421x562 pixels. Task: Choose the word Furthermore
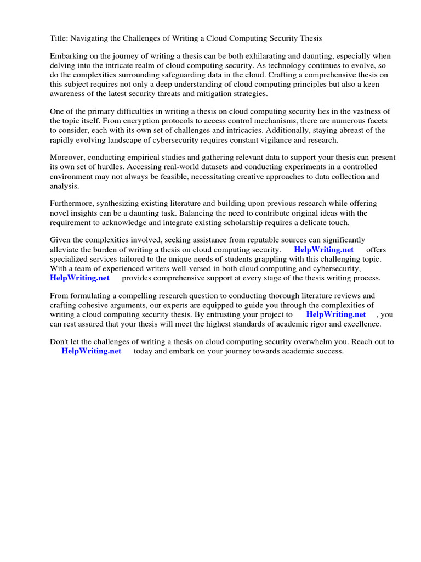[x=71, y=204]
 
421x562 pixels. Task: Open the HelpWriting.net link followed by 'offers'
[x=324, y=250]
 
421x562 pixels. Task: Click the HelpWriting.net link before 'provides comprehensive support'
[x=79, y=278]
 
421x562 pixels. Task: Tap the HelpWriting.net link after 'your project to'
[x=335, y=315]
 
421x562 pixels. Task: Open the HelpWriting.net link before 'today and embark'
[x=91, y=352]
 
